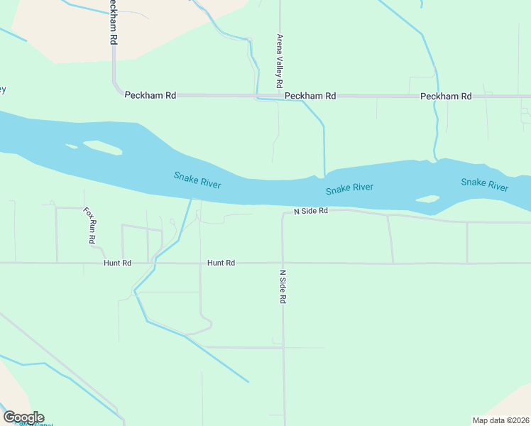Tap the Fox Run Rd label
click(x=89, y=226)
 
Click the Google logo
click(x=23, y=417)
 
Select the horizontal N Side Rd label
click(x=311, y=212)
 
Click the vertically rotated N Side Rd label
click(x=283, y=287)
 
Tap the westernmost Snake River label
click(x=197, y=180)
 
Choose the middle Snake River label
click(x=349, y=188)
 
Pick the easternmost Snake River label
click(x=484, y=184)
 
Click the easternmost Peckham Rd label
click(x=446, y=96)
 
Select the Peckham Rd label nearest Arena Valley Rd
click(x=310, y=95)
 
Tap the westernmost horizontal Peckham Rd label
click(x=150, y=95)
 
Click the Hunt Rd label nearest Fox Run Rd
click(x=117, y=263)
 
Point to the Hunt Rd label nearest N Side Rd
click(x=221, y=263)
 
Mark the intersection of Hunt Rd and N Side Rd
click(x=283, y=263)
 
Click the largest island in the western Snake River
click(x=102, y=148)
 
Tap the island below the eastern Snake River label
click(x=427, y=200)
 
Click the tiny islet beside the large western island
click(x=71, y=146)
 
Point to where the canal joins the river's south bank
click(x=191, y=200)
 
